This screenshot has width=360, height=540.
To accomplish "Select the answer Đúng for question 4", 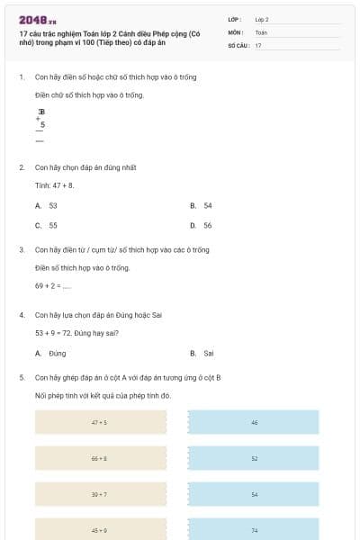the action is (x=51, y=354).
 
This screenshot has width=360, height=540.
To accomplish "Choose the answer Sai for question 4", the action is (x=202, y=354).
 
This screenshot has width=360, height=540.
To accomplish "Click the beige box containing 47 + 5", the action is (x=100, y=422).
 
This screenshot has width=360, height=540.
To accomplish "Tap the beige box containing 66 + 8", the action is (x=100, y=458).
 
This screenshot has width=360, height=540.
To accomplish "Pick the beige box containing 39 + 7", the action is (x=100, y=494).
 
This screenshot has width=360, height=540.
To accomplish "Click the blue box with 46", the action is (x=254, y=422).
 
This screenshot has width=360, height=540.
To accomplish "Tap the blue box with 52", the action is (x=254, y=458).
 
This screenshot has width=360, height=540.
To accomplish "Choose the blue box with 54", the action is (x=254, y=494).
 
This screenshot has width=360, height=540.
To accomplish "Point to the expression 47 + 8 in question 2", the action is (x=65, y=185).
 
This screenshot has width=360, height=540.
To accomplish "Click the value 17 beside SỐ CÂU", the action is (x=258, y=44).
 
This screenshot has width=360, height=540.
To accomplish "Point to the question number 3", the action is (x=22, y=249).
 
